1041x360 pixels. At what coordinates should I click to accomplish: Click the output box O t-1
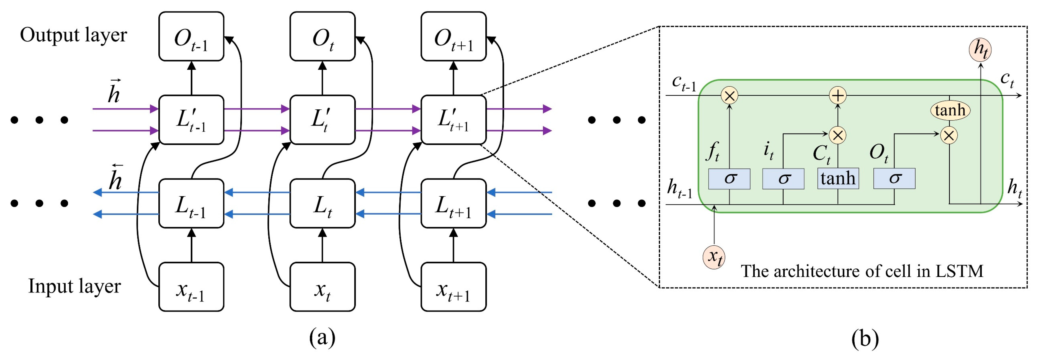pyautogui.click(x=191, y=36)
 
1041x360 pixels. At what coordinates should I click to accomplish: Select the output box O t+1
pyautogui.click(x=453, y=36)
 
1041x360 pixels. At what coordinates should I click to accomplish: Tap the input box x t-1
pyautogui.click(x=191, y=287)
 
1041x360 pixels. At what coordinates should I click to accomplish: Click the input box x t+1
pyautogui.click(x=453, y=287)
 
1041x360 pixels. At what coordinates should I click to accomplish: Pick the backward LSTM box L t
pyautogui.click(x=323, y=203)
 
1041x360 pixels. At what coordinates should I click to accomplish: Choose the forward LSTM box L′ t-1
pyautogui.click(x=191, y=120)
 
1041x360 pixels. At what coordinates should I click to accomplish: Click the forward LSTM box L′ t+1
pyautogui.click(x=453, y=120)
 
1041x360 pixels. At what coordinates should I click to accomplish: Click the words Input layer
pyautogui.click(x=74, y=286)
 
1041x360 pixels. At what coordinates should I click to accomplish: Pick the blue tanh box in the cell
pyautogui.click(x=838, y=179)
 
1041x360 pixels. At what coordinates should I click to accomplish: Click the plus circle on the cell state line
pyautogui.click(x=838, y=95)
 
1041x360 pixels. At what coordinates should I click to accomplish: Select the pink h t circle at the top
pyautogui.click(x=980, y=50)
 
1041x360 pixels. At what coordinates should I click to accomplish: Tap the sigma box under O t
pyautogui.click(x=894, y=179)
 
